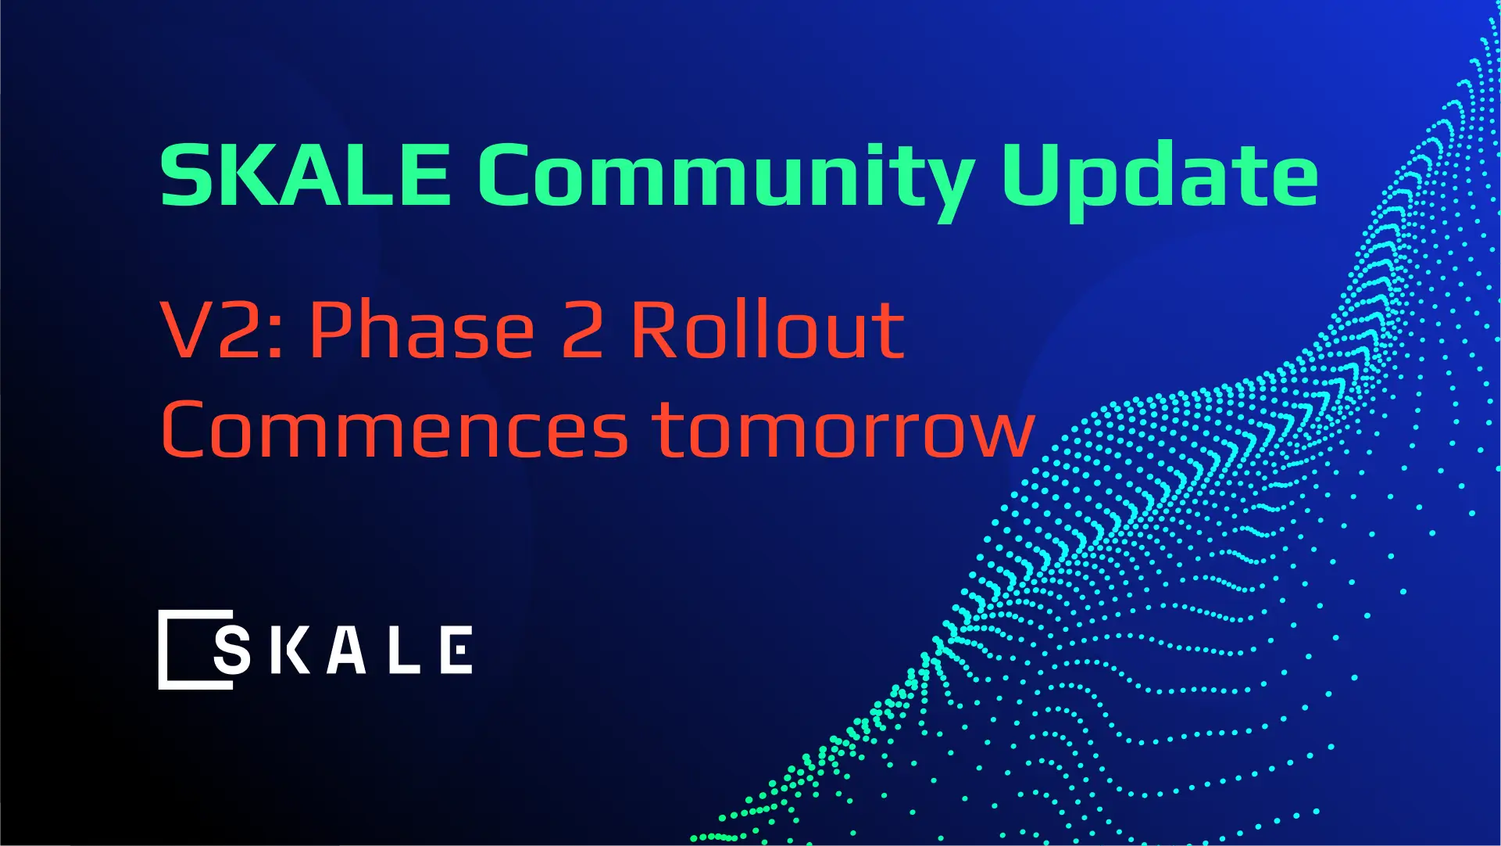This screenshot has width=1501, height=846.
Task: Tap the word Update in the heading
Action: point(1160,176)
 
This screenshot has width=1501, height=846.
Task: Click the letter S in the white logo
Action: point(232,650)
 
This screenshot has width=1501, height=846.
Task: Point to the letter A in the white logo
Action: point(346,650)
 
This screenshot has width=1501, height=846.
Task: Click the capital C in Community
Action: point(509,174)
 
